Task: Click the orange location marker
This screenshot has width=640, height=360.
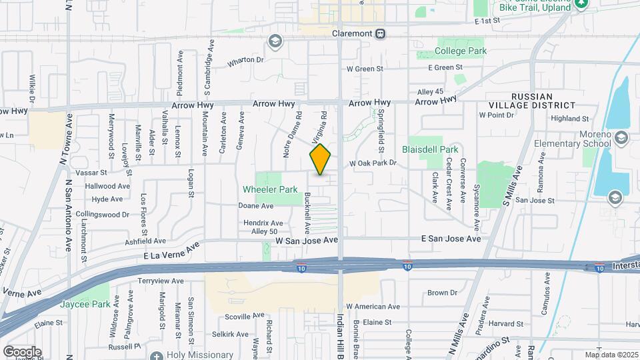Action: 320,159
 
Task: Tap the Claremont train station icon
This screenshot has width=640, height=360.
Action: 380,33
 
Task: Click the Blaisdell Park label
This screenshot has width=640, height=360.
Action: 430,149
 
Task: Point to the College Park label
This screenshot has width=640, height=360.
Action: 461,51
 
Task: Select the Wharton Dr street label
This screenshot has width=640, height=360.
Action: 245,60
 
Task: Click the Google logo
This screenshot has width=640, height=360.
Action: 21,351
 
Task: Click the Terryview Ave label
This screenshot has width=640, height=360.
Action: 160,281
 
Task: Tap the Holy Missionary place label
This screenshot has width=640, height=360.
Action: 199,355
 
